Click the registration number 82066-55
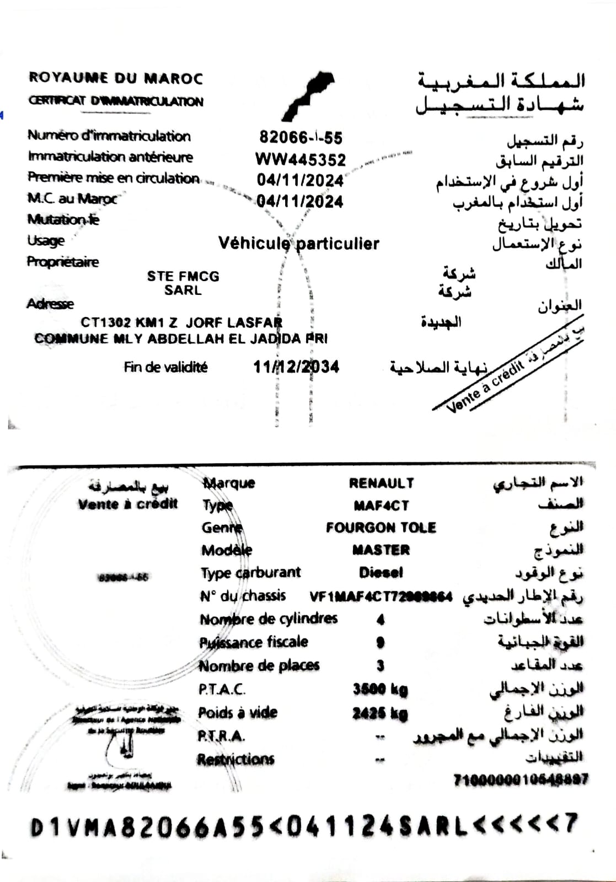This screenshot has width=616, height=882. [x=301, y=137]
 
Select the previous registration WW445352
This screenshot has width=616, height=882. [x=301, y=160]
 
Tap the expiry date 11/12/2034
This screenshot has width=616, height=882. [x=296, y=367]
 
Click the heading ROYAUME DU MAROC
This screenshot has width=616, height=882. [x=116, y=78]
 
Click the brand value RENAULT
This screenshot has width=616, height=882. [x=381, y=483]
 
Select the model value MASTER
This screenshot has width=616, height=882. [x=381, y=550]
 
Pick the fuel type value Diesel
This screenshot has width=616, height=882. [x=381, y=573]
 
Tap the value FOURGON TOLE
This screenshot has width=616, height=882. [x=381, y=528]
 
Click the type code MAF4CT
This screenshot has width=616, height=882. [x=381, y=505]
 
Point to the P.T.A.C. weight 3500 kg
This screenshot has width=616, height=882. [x=380, y=689]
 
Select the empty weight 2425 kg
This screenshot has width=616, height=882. [x=380, y=713]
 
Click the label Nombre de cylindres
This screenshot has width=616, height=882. [x=269, y=619]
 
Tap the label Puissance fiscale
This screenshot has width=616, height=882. [x=254, y=642]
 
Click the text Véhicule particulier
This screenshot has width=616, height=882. [x=299, y=243]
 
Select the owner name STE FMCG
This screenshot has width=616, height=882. [x=183, y=276]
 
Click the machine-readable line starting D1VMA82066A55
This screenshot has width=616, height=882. [x=303, y=826]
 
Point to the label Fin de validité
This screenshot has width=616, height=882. [x=165, y=367]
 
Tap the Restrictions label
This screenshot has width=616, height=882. [x=235, y=760]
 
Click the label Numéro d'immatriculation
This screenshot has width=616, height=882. [x=109, y=136]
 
